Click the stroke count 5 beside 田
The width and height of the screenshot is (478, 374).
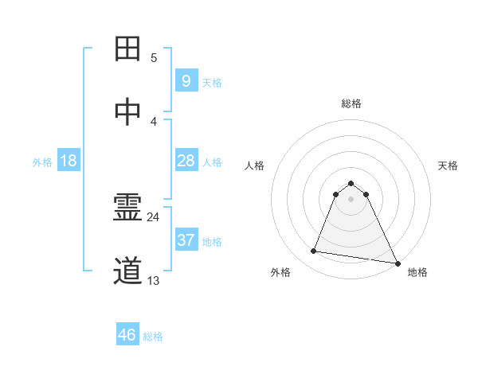pos(154,57)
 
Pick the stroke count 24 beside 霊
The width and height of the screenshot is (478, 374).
pos(154,216)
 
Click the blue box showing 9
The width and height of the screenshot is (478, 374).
pos(186,81)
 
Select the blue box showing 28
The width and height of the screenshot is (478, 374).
pos(186,161)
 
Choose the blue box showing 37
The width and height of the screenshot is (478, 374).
pos(186,240)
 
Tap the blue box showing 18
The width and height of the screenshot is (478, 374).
pos(69,161)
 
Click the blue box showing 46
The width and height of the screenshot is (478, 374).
pos(127,335)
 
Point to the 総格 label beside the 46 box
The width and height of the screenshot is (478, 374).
pos(153,337)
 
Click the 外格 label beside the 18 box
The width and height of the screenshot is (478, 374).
pos(42,162)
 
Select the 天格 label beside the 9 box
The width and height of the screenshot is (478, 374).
pos(212,83)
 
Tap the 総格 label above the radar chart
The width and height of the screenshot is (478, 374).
pos(351,103)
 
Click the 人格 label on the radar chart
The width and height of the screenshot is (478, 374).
pos(254,166)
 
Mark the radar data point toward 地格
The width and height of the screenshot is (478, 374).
pos(396,263)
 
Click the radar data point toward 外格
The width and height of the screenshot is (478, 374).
pos(314,251)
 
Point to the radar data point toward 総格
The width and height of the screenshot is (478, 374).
pos(351,180)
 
